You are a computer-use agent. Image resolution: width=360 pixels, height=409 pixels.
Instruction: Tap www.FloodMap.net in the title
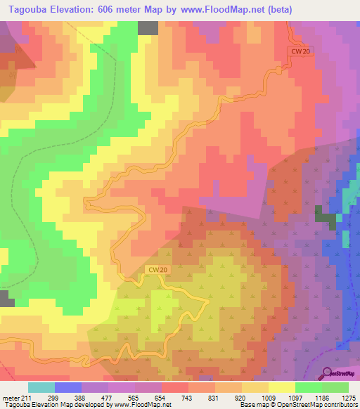(217, 10)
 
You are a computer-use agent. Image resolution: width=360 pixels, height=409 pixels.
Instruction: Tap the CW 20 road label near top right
(300, 51)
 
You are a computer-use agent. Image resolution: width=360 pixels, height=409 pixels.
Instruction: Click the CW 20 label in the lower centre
(157, 269)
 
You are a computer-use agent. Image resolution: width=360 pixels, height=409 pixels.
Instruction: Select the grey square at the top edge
(148, 27)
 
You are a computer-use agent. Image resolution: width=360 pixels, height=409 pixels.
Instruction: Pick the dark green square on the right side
(324, 215)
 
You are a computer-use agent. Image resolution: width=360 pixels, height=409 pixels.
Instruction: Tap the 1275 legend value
(348, 398)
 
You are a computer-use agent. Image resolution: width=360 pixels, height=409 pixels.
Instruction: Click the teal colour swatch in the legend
(41, 387)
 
